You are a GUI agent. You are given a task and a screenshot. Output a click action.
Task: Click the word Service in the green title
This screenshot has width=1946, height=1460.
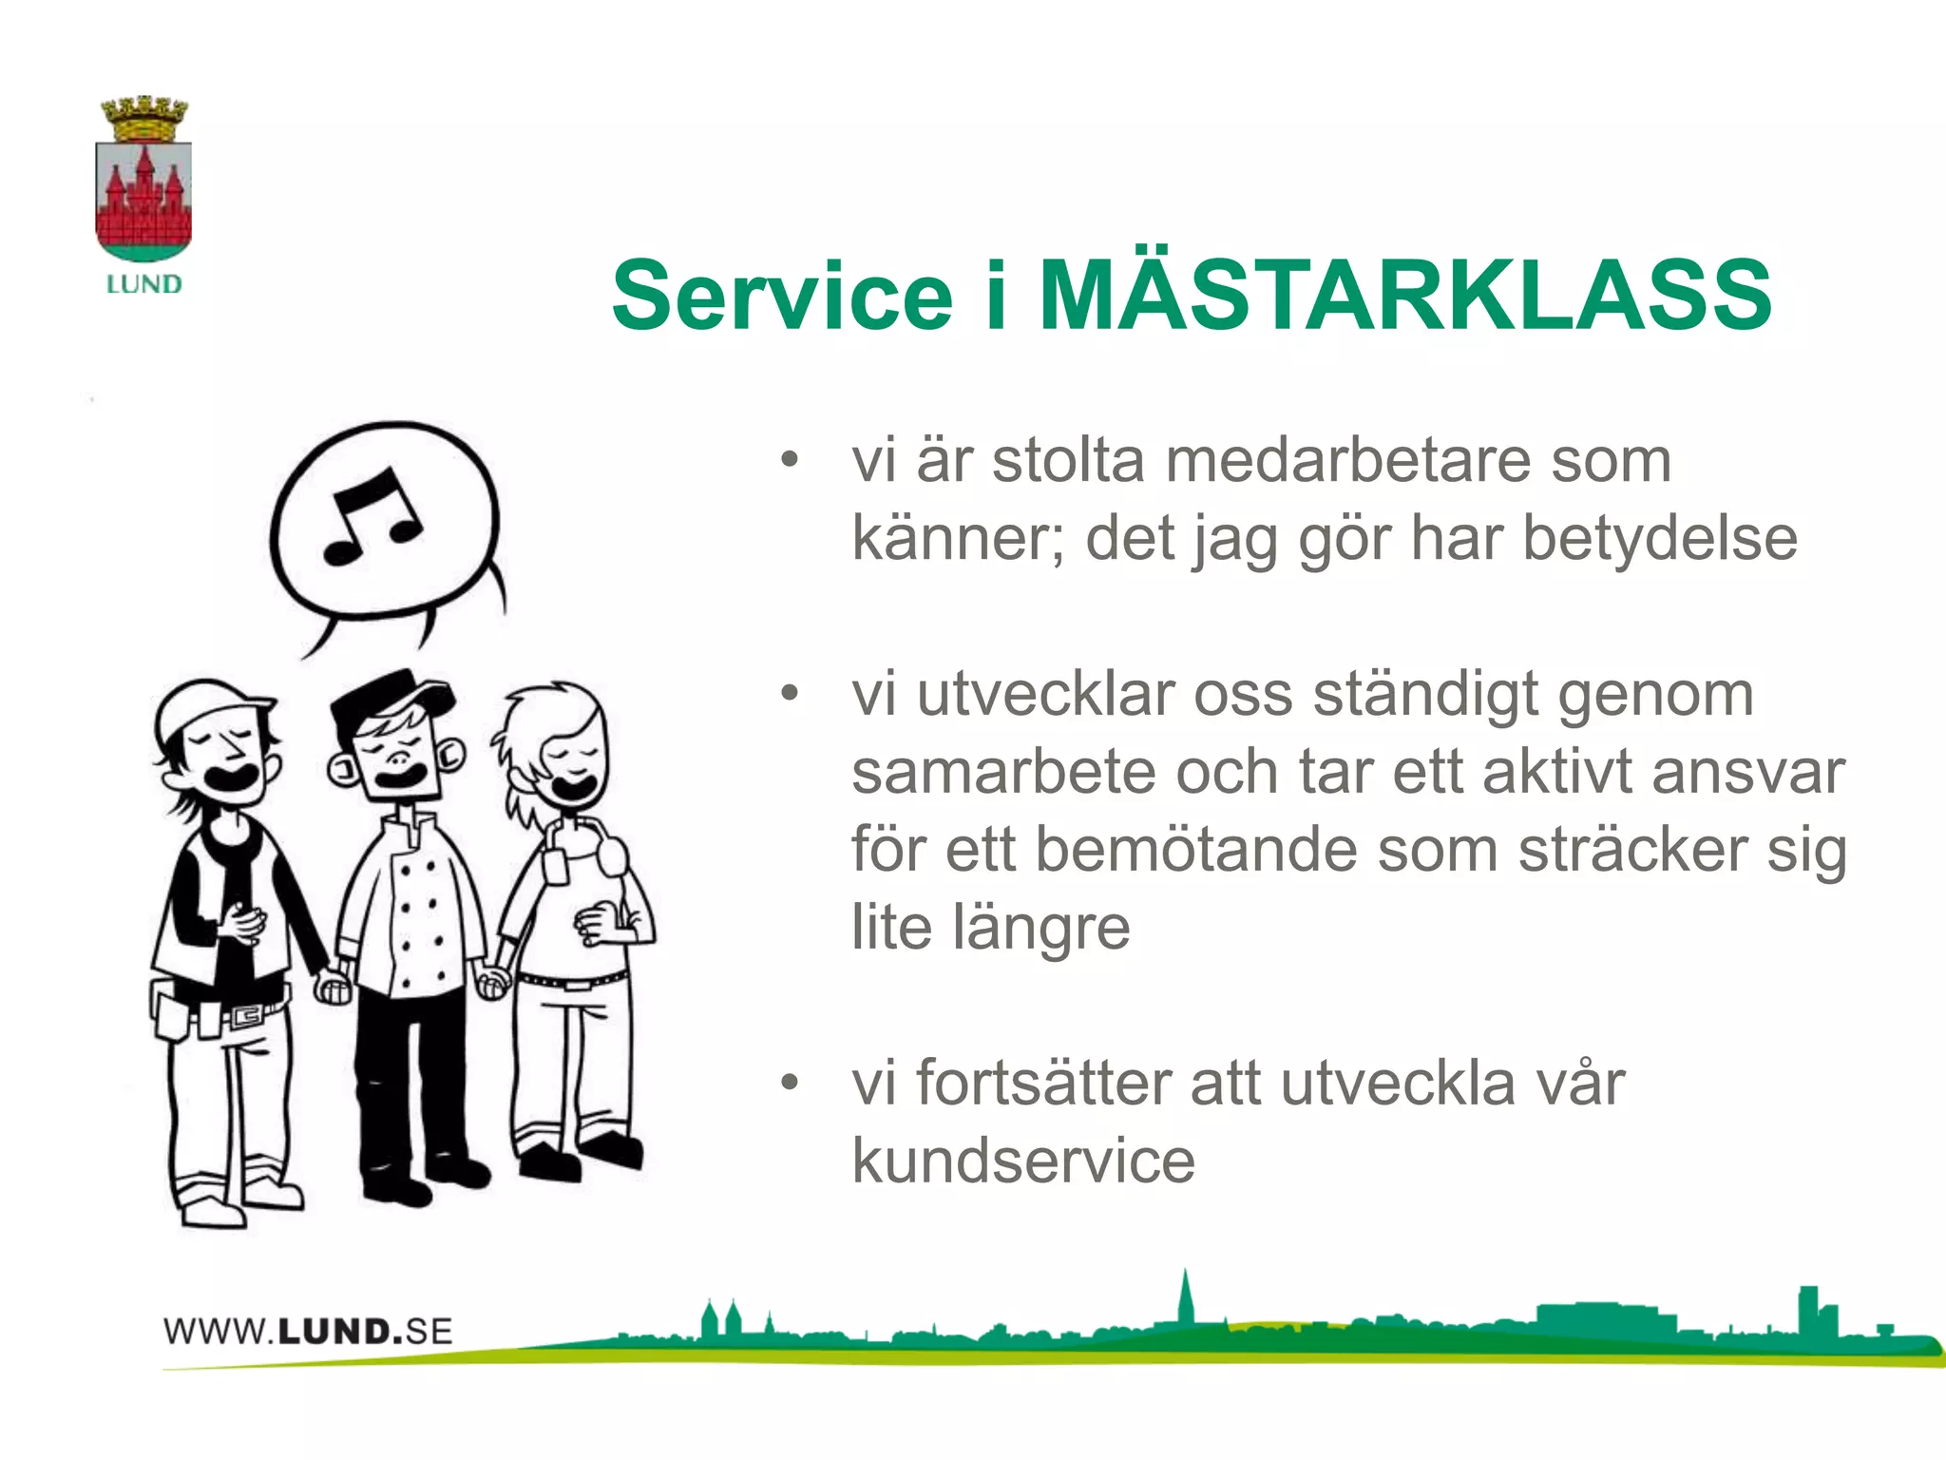(781, 297)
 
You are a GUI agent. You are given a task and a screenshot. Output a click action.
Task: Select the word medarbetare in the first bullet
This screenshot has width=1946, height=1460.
(1347, 461)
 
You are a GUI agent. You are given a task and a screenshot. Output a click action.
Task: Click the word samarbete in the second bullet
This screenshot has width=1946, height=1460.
(1002, 772)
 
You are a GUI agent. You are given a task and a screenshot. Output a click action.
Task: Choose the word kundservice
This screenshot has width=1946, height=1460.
(1023, 1161)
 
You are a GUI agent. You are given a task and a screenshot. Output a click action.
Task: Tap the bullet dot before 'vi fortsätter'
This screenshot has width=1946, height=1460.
(789, 1083)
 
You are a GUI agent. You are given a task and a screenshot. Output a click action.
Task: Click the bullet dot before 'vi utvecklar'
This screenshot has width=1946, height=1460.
(789, 693)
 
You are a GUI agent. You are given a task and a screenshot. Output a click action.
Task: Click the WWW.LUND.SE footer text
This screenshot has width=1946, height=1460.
(307, 1331)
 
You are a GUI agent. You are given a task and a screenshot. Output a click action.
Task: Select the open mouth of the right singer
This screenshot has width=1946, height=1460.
(575, 788)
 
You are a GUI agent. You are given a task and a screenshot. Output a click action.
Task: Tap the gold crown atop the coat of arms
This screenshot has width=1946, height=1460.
(144, 118)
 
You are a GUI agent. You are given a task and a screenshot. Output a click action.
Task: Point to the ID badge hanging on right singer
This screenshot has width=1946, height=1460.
(555, 865)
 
